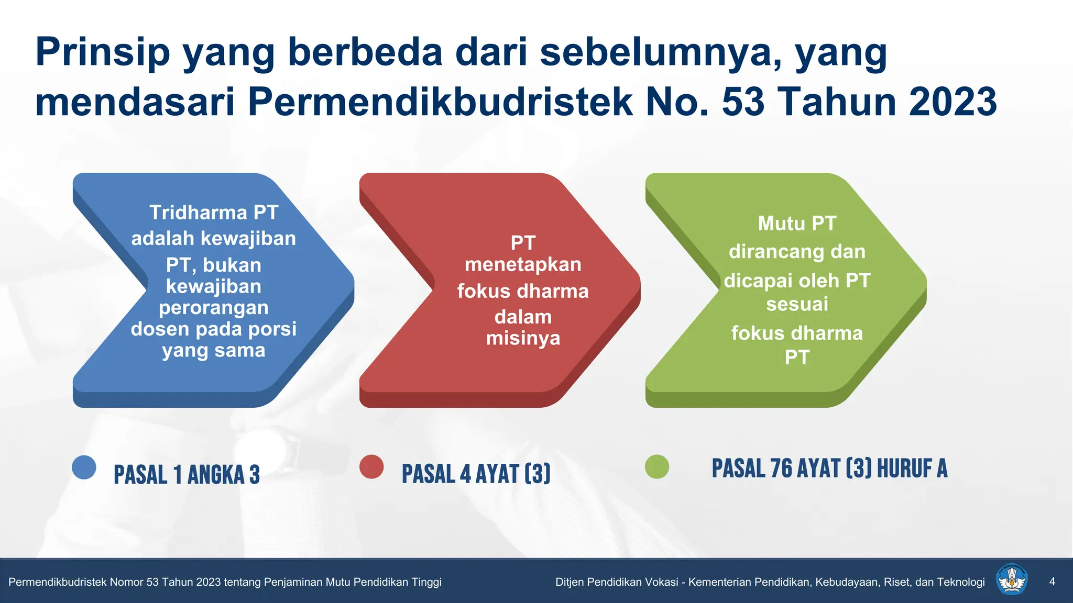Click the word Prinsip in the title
click(103, 52)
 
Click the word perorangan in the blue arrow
click(214, 308)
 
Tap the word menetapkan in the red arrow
click(523, 264)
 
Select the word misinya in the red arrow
click(523, 338)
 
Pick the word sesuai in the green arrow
click(797, 304)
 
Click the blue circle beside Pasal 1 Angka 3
click(84, 467)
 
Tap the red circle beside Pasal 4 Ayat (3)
click(371, 467)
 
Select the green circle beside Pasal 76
click(657, 467)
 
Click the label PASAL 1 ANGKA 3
click(187, 475)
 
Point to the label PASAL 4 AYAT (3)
click(476, 474)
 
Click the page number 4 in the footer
click(1052, 582)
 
